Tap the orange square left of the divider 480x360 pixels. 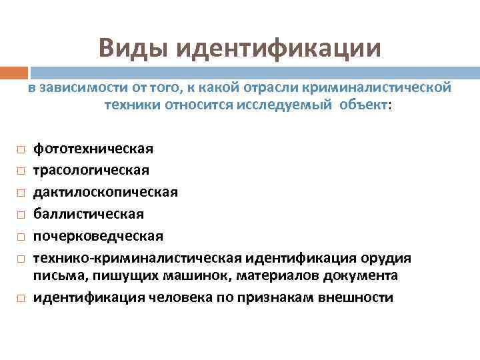point(14,72)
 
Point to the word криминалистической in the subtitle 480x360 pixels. point(377,88)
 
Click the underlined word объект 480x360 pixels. point(363,105)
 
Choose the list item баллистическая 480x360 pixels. point(89,214)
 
